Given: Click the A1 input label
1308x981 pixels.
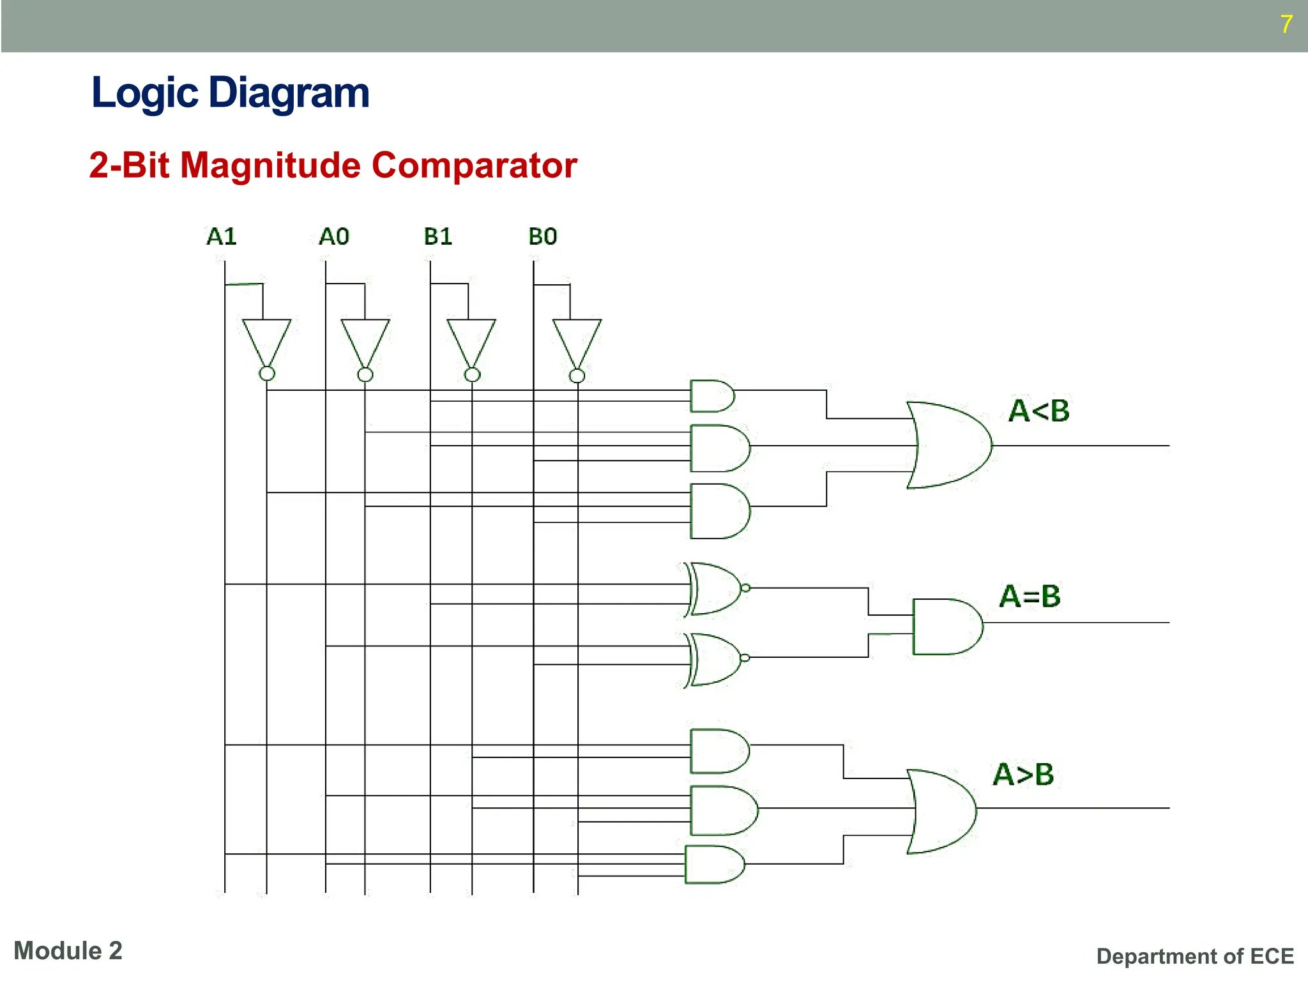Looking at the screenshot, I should coord(222,237).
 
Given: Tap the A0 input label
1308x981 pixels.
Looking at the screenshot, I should coord(334,237).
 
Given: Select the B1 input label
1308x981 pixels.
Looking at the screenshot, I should coord(438,237).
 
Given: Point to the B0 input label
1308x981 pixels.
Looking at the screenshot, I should coord(543,237).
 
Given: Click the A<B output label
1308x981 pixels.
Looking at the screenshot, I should coord(1038,411).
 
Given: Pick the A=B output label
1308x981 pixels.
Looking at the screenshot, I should coord(1030,597).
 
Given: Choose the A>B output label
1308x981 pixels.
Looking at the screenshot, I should coord(1023,775).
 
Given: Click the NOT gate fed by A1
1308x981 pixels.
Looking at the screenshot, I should coord(266,342).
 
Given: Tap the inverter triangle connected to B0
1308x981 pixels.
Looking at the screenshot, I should coord(577,342).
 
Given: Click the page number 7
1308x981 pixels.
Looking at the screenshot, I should coord(1286,24).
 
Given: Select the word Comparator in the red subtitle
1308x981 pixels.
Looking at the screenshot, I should coord(475,165).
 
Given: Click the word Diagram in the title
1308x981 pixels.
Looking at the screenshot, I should coord(289,93).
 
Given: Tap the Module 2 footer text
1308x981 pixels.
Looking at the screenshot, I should coord(68,951).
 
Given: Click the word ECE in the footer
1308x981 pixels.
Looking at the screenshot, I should coord(1272,956).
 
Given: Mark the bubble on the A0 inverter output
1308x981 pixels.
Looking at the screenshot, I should coord(365,374).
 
